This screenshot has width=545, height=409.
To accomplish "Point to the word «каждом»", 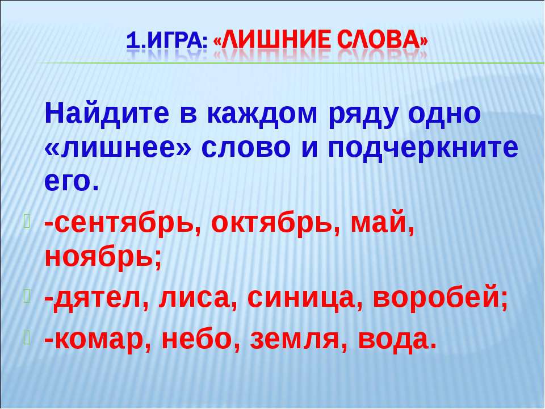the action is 262,114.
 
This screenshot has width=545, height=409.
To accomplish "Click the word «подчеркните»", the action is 423,150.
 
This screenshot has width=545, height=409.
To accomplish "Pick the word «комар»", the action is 98,340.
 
